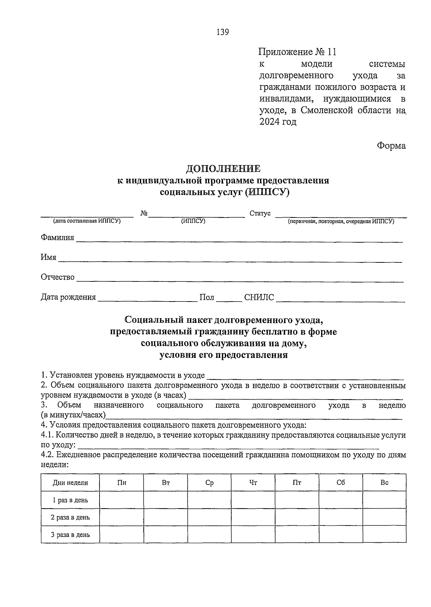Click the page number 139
223,32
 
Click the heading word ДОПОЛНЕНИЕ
223,169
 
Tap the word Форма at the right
391,146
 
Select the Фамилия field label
57,238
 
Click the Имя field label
48,257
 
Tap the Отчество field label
58,277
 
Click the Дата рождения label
68,297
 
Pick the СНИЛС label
259,297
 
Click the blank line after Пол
229,299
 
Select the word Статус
260,214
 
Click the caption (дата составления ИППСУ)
87,221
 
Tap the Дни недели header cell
70,483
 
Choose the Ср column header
209,483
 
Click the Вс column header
384,483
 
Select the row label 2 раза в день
70,517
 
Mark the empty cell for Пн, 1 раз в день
122,500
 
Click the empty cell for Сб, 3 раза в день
341,534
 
